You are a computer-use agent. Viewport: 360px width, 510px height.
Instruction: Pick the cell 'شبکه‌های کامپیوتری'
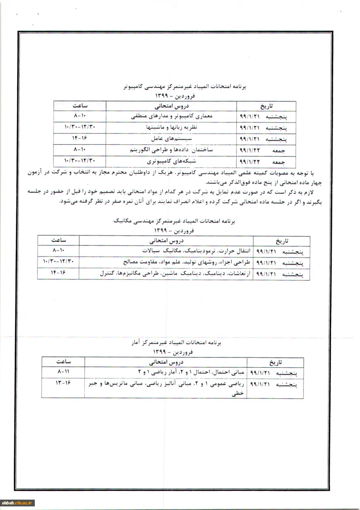tap(172, 162)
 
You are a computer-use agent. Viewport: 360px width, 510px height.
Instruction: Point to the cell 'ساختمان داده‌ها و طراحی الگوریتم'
tap(172, 150)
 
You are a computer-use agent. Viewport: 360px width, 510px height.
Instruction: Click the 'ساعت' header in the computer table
tap(80, 106)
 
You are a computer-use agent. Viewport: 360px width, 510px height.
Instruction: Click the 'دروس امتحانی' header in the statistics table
tap(166, 363)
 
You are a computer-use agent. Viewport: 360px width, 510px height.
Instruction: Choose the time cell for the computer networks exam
tap(80, 161)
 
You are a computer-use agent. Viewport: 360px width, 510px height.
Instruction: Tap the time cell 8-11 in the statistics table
tap(64, 372)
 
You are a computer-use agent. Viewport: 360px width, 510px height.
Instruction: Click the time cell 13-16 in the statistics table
tap(64, 383)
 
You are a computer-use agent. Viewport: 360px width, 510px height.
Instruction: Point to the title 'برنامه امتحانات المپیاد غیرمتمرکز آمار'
tap(173, 343)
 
